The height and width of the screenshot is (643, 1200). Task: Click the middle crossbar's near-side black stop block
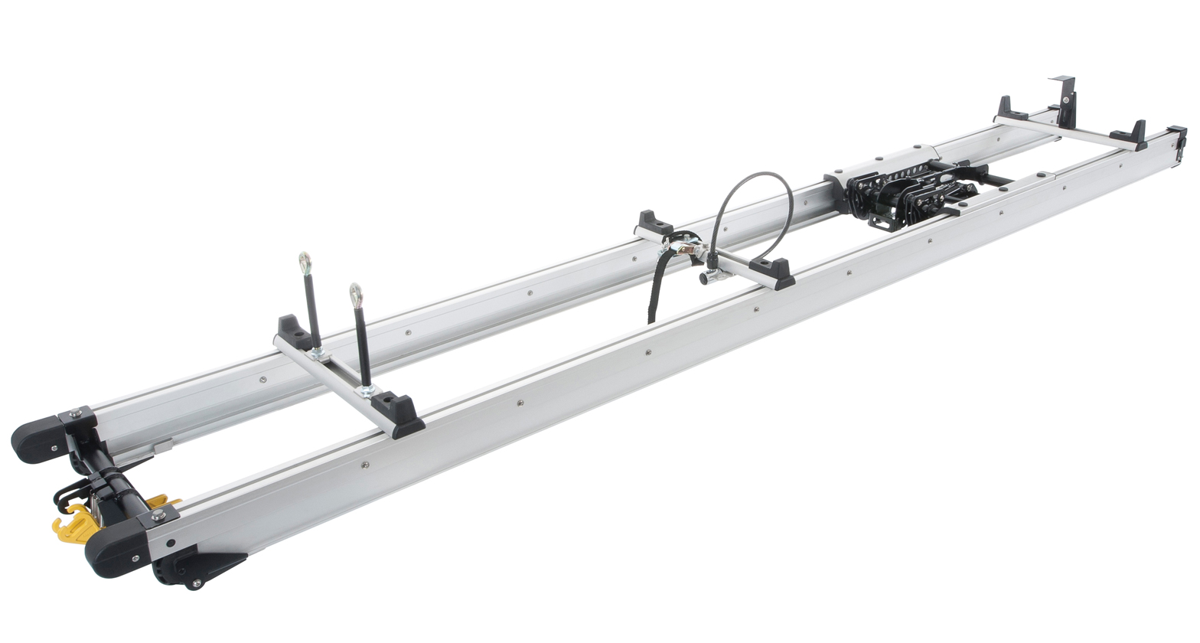click(772, 272)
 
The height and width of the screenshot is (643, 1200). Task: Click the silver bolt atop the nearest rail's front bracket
click(158, 517)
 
